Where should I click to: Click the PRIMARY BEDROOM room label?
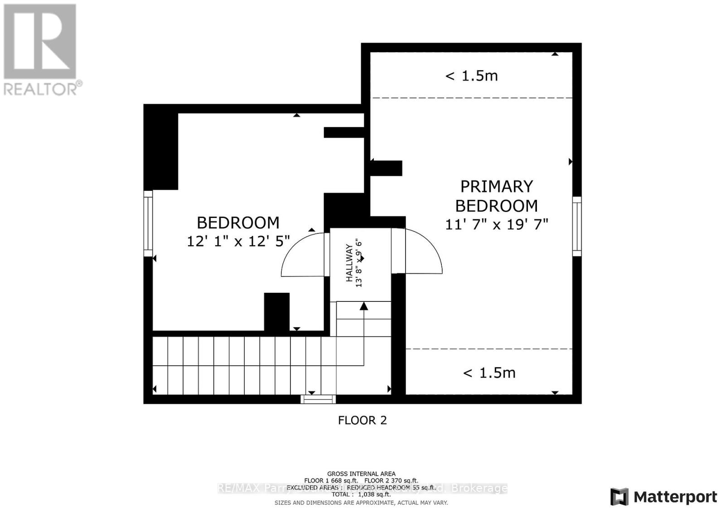click(x=496, y=196)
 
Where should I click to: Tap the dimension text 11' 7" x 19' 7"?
click(x=497, y=224)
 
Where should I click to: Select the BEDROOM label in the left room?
click(x=238, y=223)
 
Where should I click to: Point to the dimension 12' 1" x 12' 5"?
click(x=238, y=241)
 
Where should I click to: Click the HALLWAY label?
click(x=349, y=263)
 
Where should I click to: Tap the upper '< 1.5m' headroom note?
click(x=471, y=76)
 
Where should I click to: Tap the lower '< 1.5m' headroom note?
click(x=489, y=373)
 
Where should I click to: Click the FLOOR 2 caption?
click(x=362, y=420)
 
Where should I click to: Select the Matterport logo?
click(x=663, y=497)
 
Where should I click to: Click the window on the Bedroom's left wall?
click(x=148, y=223)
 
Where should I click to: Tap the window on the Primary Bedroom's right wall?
click(x=576, y=226)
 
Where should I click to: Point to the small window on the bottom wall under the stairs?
click(x=318, y=399)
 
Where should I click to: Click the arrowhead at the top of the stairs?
click(x=364, y=307)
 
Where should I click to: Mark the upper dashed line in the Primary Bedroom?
click(x=471, y=98)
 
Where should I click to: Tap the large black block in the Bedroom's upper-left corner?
click(x=161, y=150)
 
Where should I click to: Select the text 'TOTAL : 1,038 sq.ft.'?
click(x=361, y=495)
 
